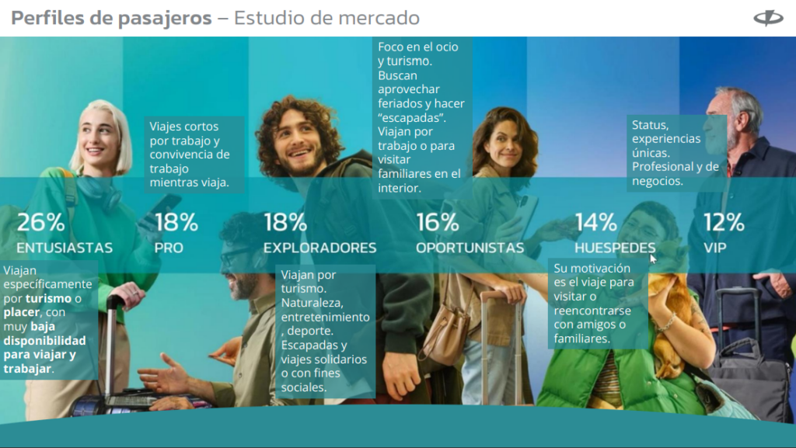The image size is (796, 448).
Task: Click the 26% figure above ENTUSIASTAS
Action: (x=41, y=222)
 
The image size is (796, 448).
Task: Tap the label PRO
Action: (x=169, y=248)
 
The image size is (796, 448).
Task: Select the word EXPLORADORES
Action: (x=319, y=248)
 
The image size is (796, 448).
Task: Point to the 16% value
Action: (x=438, y=222)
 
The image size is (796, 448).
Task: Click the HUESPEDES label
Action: (x=615, y=248)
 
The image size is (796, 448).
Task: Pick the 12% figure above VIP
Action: (x=724, y=222)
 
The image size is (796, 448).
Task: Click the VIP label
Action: (x=715, y=248)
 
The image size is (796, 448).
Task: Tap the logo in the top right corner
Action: (x=769, y=18)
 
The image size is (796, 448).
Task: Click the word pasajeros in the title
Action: (x=165, y=19)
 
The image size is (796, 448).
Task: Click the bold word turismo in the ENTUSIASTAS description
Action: (x=49, y=298)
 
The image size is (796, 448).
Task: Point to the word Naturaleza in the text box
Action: (x=312, y=303)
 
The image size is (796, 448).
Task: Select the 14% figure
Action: (x=596, y=222)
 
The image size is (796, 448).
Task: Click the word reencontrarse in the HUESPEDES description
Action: (x=592, y=311)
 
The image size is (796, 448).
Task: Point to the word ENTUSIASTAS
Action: (x=65, y=248)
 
